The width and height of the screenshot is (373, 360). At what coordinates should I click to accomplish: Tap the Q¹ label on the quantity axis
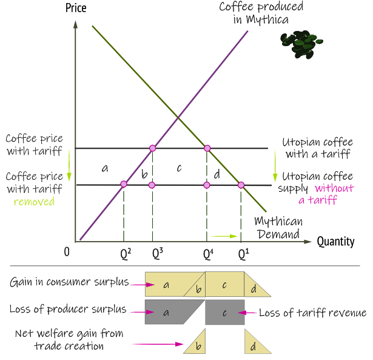tap(243, 253)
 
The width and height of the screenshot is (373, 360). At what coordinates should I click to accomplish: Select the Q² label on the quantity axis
tap(126, 253)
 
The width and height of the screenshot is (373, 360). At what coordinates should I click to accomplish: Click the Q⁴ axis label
tap(208, 253)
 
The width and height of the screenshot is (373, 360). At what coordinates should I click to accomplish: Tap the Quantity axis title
tap(335, 242)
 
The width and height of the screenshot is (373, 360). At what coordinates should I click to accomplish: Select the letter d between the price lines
tap(217, 174)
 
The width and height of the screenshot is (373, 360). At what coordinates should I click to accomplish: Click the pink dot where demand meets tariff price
tap(207, 148)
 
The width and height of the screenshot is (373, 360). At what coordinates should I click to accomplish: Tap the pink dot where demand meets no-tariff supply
tap(241, 185)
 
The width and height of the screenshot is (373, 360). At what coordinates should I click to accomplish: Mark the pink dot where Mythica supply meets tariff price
tap(153, 148)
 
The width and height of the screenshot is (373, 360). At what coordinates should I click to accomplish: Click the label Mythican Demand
tap(277, 228)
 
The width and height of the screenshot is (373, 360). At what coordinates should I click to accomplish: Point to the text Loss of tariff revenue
tap(312, 313)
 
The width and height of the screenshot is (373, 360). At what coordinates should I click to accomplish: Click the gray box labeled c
tap(224, 313)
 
